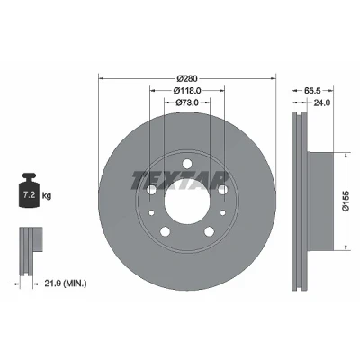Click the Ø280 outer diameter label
pos(187,78)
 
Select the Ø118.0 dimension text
pos(187,90)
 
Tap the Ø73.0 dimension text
pos(187,103)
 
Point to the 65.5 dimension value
pos(313,90)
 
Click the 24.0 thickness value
pos(322,103)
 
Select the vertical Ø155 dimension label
pos(346,201)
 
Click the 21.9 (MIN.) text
pos(66,283)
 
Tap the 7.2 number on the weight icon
pos(30,195)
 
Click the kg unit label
pos(47,196)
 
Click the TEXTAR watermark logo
pos(180,181)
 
